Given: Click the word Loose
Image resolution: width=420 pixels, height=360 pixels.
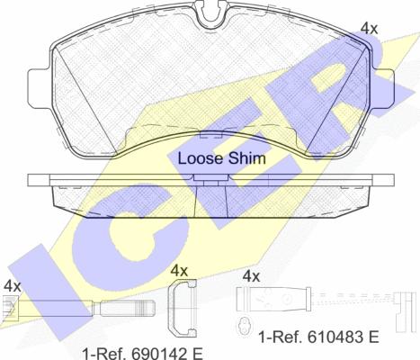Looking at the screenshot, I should click(201, 158).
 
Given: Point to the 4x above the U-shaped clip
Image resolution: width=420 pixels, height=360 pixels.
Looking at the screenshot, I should click(178, 270).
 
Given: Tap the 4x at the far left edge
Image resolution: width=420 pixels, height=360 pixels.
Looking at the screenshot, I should click(11, 285).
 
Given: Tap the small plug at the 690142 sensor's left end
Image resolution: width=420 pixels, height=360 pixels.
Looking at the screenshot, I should click(10, 308).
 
